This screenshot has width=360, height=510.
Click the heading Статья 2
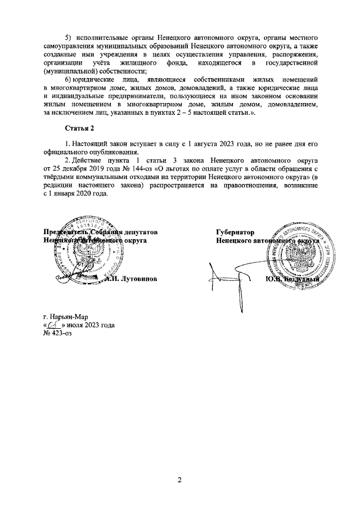click(80, 129)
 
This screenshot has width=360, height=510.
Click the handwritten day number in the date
click(53, 325)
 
